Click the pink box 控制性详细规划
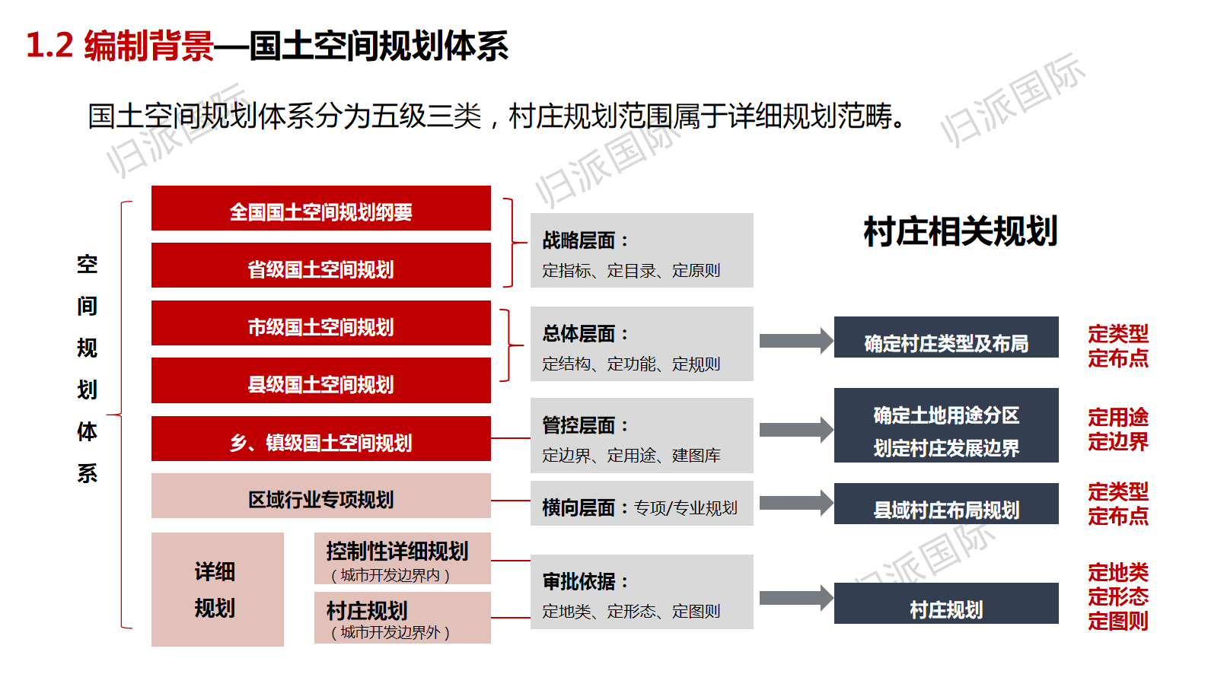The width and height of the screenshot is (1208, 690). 402,558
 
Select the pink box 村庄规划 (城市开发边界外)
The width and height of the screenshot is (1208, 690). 402,618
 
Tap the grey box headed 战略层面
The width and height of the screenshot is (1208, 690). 641,250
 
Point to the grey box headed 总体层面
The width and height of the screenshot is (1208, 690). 641,344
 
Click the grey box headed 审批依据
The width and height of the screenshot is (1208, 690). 641,592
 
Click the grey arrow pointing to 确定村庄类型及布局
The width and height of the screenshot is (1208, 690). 795,340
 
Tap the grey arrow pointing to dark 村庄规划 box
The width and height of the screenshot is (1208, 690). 795,598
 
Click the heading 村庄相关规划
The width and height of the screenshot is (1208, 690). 960,231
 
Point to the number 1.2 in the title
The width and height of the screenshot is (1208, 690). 49,46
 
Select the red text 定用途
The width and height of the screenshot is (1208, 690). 1117,417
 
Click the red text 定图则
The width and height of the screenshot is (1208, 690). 1117,621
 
